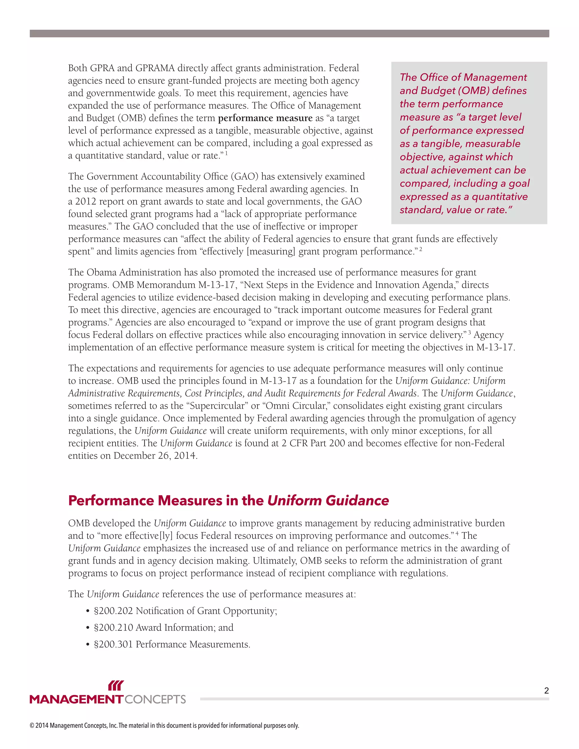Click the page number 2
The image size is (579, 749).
click(546, 691)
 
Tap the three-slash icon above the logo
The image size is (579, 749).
click(116, 686)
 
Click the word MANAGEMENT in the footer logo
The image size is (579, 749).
click(76, 700)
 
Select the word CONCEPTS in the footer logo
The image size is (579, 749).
click(155, 700)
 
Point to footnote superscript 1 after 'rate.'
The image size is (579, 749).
click(226, 153)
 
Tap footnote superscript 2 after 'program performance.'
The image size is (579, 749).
click(420, 249)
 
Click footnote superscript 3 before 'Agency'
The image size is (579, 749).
click(469, 333)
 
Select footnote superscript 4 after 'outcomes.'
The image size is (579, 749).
click(457, 534)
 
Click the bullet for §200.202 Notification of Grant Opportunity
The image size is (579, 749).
click(88, 611)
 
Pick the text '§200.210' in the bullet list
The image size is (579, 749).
click(113, 627)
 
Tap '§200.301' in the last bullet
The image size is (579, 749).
click(113, 644)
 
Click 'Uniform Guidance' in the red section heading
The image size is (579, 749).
click(328, 501)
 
